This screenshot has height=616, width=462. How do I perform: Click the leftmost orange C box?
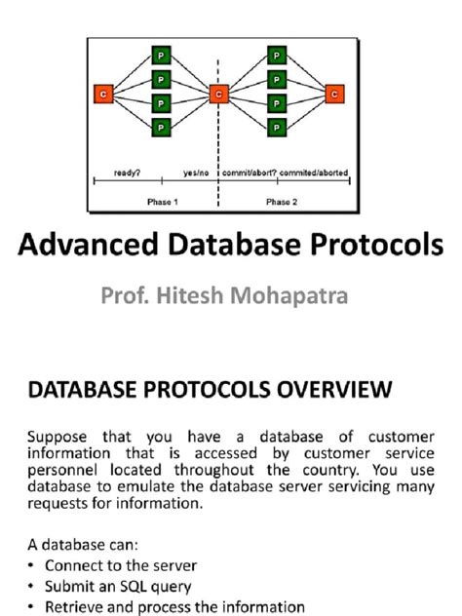pos(102,93)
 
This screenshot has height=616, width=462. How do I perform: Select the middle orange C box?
pos(218,93)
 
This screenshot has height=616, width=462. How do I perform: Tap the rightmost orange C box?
pos(334,93)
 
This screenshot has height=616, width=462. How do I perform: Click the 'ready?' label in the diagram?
pos(128,173)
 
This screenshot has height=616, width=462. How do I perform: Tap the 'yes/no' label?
pos(195,173)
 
